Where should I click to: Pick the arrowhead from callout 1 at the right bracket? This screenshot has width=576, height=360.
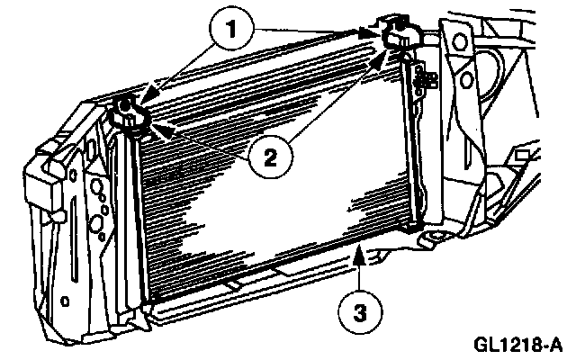[372, 33]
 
